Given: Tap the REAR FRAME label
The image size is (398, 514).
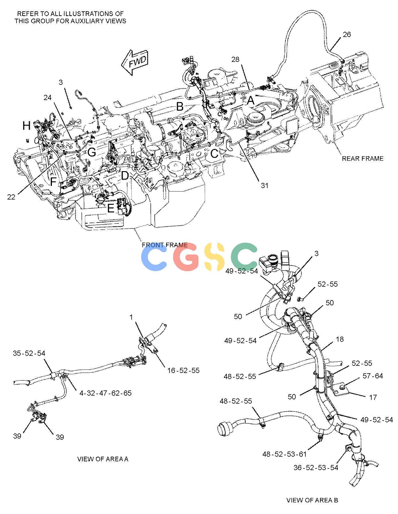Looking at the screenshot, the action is click(362, 159).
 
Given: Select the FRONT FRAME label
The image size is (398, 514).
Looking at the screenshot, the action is click(165, 245).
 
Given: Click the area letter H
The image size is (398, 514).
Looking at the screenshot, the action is click(27, 126).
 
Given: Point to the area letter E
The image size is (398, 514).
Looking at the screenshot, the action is click(111, 208).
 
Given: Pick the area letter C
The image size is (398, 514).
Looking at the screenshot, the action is click(214, 154).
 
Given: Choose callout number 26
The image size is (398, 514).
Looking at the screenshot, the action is click(347, 34).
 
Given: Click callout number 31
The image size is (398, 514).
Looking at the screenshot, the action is click(264, 185).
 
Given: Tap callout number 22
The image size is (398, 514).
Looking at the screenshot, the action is click(11, 197).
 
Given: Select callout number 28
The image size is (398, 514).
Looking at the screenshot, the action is click(235, 59).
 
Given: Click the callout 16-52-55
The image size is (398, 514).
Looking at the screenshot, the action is click(183, 370).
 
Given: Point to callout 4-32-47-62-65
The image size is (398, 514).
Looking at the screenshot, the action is click(106, 393).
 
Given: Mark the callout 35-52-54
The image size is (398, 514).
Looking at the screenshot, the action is click(29, 353).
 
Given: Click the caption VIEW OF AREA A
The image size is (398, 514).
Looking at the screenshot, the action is click(103, 459).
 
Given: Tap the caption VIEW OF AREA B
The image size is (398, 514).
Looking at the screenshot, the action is click(312, 500).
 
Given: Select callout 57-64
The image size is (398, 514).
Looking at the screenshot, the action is click(373, 376).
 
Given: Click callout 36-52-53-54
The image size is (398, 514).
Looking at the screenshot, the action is click(316, 468).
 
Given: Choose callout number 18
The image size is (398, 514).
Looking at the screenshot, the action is click(340, 339).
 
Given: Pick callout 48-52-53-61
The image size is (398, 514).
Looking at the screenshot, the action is click(284, 454).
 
